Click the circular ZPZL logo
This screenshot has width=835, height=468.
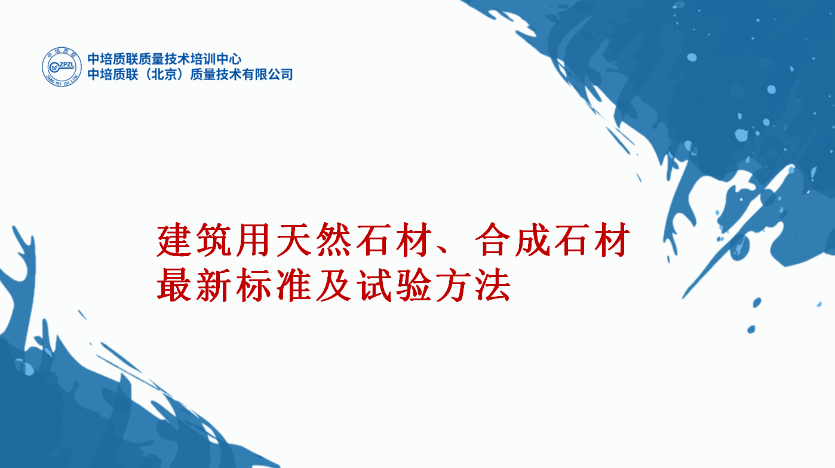click(62, 67)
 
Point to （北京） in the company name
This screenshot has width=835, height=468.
click(164, 75)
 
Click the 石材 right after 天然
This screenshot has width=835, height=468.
click(393, 240)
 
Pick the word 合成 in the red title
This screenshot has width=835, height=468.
click(513, 240)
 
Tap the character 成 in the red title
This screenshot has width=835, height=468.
click(533, 240)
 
